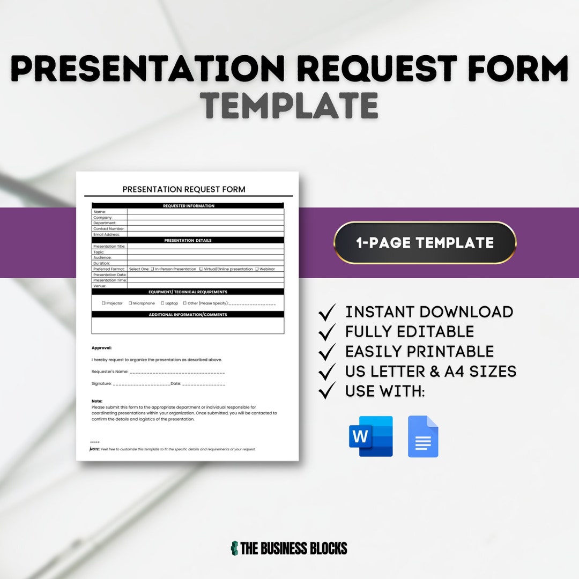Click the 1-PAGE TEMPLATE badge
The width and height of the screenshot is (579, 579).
tap(425, 243)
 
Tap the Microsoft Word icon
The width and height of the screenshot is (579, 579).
tap(371, 436)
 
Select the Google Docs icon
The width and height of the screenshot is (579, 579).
tap(423, 436)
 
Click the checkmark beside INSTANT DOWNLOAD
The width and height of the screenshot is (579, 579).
tap(327, 312)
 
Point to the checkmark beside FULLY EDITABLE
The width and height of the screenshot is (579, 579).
tap(327, 332)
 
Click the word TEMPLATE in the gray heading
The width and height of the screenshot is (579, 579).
tap(291, 105)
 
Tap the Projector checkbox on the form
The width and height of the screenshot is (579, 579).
tap(103, 303)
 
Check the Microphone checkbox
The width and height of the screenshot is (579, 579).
tap(130, 303)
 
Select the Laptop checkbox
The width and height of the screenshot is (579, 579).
tap(162, 303)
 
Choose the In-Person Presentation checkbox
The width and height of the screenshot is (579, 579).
tap(152, 269)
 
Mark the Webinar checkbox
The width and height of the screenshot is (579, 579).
tap(257, 269)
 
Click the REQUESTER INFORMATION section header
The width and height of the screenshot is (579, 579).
tap(188, 206)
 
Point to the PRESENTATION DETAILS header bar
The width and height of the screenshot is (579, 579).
tap(188, 241)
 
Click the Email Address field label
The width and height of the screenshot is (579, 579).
tap(107, 234)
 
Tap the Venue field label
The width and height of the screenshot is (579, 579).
tap(99, 286)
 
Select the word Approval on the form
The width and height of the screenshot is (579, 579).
tap(102, 348)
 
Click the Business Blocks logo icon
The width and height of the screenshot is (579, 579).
tap(234, 548)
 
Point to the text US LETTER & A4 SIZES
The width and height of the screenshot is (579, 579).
tap(430, 371)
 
